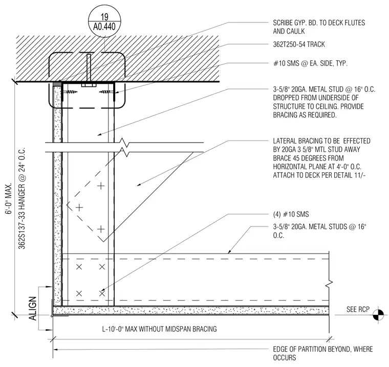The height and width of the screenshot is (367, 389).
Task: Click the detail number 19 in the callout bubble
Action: point(105,17)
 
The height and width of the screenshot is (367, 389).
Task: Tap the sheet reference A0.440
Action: point(104,27)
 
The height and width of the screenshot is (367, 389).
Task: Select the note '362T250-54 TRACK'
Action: point(299,44)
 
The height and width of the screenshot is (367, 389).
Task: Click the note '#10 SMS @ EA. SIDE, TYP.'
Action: point(310,63)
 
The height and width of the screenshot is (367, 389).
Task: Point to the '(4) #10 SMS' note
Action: point(291,214)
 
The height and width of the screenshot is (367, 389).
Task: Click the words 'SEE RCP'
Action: point(358,309)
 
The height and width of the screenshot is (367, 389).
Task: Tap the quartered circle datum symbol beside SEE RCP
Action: point(378,315)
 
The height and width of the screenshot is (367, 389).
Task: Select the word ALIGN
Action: point(32,308)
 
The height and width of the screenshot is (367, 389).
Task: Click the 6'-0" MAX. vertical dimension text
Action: point(9,199)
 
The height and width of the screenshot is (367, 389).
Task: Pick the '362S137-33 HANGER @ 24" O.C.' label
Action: point(22,198)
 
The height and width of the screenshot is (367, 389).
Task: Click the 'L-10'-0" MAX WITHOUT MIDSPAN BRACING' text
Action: point(160,329)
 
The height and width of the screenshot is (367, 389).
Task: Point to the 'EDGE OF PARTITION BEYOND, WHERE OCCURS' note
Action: point(323,353)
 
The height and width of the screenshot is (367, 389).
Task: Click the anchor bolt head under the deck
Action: point(89,85)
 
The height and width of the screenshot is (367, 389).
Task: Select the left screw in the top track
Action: point(70,92)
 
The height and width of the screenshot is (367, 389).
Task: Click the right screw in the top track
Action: point(106,92)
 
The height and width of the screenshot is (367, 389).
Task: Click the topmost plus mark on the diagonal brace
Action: point(101,186)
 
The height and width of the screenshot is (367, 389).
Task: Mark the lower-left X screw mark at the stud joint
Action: point(79,293)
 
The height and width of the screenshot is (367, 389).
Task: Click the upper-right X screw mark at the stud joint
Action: point(102,267)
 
